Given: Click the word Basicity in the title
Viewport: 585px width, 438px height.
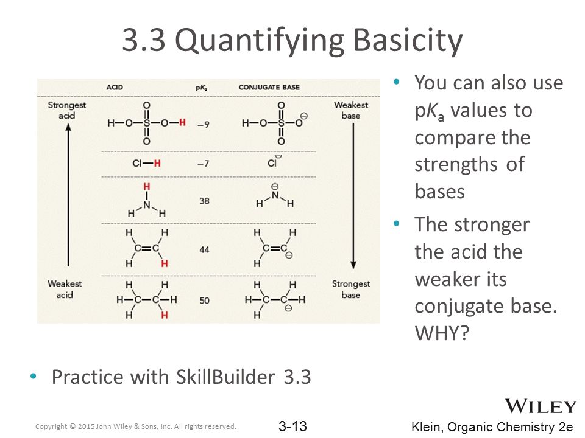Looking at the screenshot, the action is (408, 40).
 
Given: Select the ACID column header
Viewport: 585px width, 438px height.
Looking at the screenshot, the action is (115, 87).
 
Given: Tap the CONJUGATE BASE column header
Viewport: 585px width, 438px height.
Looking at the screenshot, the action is (269, 87).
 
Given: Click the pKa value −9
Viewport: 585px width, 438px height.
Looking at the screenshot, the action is (204, 125).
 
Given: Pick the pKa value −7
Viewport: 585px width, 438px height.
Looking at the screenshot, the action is (204, 164).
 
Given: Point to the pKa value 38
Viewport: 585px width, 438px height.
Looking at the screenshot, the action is (204, 201).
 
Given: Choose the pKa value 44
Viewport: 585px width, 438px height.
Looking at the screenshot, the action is (204, 249).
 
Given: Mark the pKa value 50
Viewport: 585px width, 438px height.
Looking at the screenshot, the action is (204, 300).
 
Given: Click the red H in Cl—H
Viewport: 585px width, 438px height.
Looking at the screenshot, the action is (157, 163).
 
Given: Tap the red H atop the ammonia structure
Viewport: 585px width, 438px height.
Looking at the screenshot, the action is (147, 187).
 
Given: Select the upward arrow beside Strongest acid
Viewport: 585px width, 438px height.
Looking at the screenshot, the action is (68, 195).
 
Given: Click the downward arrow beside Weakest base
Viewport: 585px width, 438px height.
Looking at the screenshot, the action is (353, 196).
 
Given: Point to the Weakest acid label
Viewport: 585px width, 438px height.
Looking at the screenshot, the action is (65, 290).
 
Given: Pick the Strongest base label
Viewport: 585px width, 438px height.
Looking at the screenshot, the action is (351, 290).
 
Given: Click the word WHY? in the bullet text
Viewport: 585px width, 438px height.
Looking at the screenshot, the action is (442, 333).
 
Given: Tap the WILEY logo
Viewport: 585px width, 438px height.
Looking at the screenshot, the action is (541, 406).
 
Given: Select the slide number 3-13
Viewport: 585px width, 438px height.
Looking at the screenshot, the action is (293, 426).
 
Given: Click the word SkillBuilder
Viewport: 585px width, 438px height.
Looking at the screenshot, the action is (225, 377).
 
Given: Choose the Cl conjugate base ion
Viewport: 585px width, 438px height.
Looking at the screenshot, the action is (274, 162).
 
